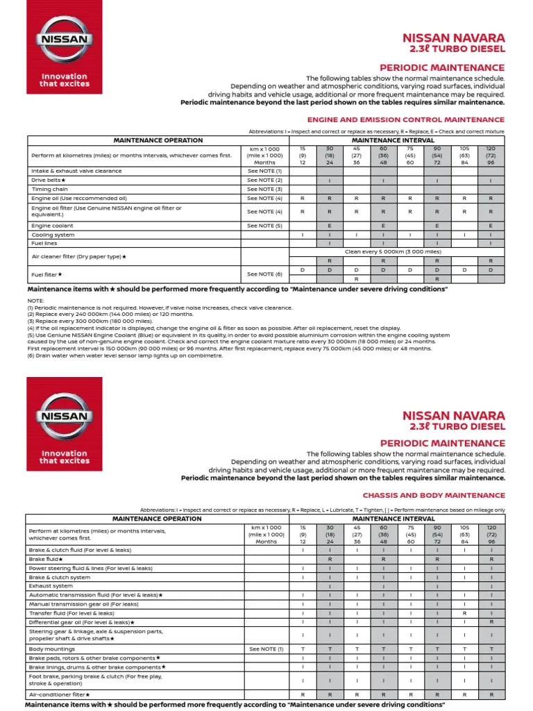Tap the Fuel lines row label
[43, 244]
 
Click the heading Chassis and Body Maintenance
[434, 495]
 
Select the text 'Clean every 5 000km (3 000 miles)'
[393, 252]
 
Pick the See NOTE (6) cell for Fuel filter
[264, 274]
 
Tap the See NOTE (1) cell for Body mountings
[266, 649]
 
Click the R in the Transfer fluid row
[464, 613]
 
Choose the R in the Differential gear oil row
[491, 622]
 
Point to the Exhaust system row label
[51, 585]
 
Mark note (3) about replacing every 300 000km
[91, 321]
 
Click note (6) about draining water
[125, 355]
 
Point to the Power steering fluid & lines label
[90, 568]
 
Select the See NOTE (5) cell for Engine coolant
[264, 226]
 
